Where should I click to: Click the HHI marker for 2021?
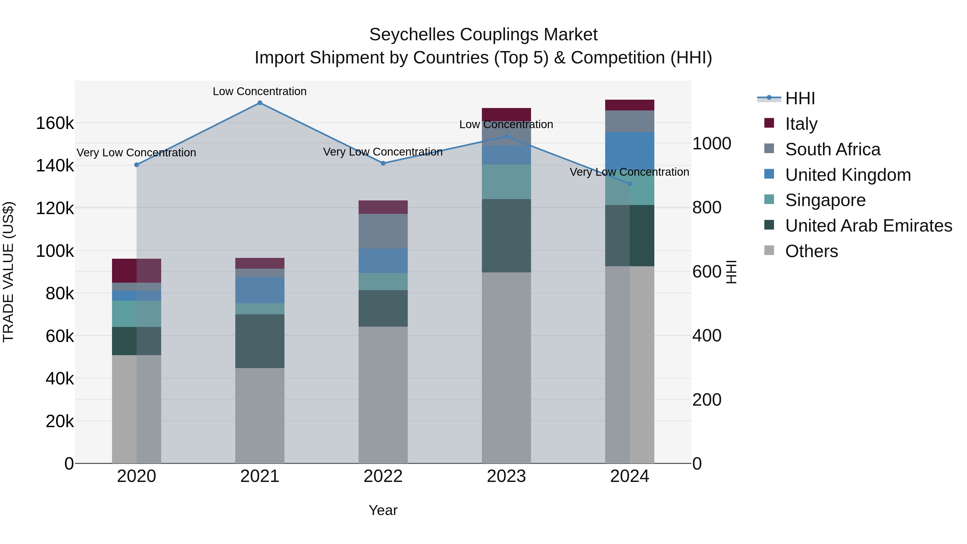[260, 103]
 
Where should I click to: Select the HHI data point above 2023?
[506, 137]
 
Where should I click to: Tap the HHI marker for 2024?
[630, 183]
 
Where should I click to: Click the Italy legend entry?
[801, 124]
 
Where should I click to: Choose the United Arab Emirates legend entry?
[868, 226]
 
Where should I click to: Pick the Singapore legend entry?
[825, 200]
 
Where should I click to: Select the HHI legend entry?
[800, 98]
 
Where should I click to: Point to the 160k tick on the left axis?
[55, 123]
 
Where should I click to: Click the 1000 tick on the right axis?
[711, 143]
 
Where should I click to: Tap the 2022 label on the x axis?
[383, 476]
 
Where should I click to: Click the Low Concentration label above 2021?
[260, 91]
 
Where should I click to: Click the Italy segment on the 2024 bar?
[630, 105]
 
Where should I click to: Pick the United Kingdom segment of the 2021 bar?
[260, 290]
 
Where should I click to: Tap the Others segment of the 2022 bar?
[383, 394]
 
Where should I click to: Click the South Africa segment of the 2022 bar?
[383, 231]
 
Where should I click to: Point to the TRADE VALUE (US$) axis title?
[8, 272]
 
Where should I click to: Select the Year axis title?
[383, 510]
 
